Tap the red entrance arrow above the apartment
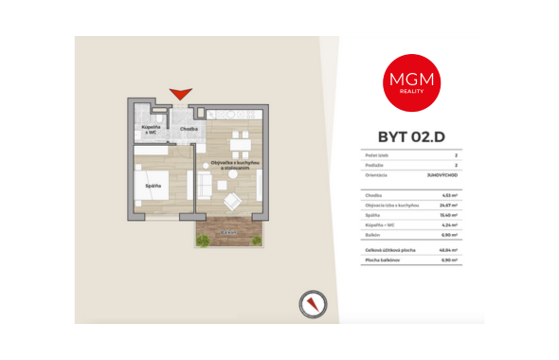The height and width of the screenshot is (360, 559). coord(180,94)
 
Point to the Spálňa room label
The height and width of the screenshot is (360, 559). coord(153,186)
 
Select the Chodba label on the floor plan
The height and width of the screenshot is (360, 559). coord(189,128)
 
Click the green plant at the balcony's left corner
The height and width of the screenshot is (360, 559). coord(202,241)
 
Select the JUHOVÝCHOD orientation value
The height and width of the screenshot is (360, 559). coord(441,176)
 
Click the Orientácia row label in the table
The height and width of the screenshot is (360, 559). coord(377,176)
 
